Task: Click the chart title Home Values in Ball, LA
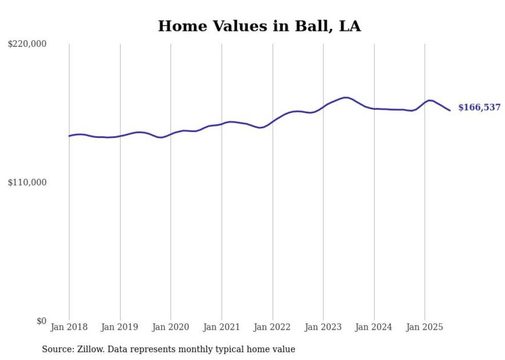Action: (259, 26)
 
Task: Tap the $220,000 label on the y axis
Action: (27, 44)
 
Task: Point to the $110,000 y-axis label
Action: (27, 182)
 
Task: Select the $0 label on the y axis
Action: (41, 321)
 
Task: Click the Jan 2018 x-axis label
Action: (69, 327)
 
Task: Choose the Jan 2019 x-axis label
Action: (120, 327)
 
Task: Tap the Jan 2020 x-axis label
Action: (171, 327)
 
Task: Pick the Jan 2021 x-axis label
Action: (222, 327)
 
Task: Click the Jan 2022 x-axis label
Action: (273, 327)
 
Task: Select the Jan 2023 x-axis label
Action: (323, 327)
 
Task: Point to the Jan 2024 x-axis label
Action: (374, 327)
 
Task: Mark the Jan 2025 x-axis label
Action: (425, 327)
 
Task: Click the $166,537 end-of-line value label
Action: (479, 108)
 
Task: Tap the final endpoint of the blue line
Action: (450, 110)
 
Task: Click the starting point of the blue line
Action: (69, 136)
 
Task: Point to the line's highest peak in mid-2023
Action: (346, 97)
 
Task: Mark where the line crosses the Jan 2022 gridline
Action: (273, 122)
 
